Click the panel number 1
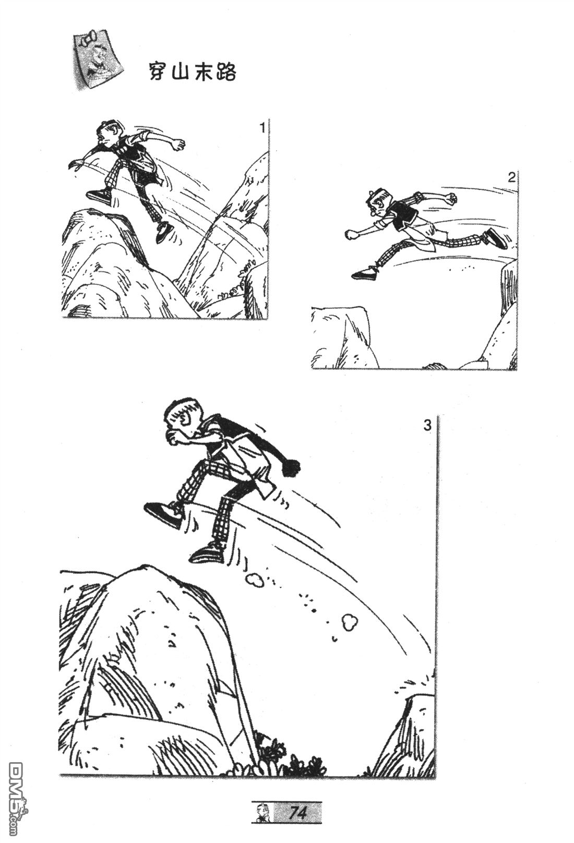pyautogui.click(x=262, y=128)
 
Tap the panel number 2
pyautogui.click(x=511, y=178)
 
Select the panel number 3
pyautogui.click(x=427, y=426)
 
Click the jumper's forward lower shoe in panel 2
pyautogui.click(x=365, y=273)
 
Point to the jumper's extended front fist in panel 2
pyautogui.click(x=352, y=234)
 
